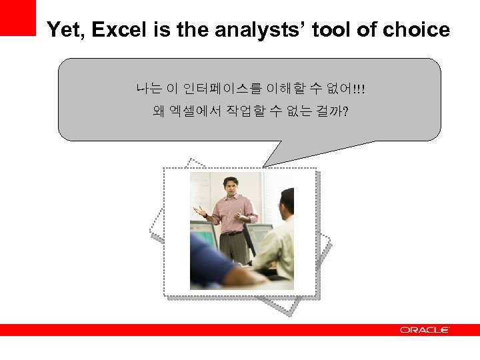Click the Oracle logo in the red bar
425,330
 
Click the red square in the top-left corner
17,17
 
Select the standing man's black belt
231,233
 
